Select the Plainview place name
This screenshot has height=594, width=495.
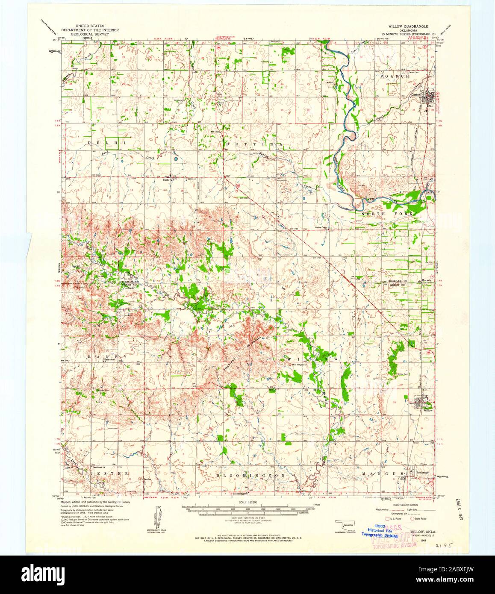pyautogui.click(x=110, y=360)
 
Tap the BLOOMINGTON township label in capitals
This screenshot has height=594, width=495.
pyautogui.click(x=250, y=475)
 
